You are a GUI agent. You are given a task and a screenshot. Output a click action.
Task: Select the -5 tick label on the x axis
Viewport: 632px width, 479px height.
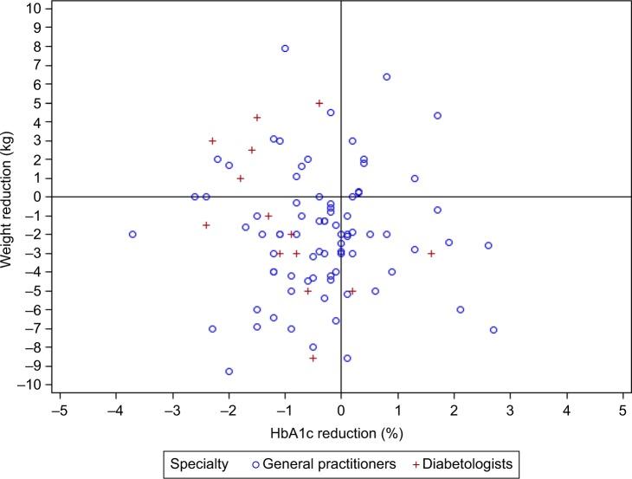coord(58,410)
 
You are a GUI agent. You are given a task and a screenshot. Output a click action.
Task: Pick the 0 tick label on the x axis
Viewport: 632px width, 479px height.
coord(341,410)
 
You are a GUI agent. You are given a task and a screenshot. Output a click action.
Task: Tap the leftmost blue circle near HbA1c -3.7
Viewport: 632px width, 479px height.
coord(132,234)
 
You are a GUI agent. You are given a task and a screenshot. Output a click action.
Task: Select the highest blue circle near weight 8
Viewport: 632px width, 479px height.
coord(285,49)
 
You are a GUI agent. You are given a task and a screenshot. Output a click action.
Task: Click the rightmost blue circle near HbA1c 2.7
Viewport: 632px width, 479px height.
coord(493,330)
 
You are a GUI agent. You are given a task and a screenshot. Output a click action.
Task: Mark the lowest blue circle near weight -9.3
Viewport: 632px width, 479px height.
coord(229,371)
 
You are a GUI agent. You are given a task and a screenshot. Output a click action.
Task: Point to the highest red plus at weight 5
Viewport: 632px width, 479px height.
coord(319,103)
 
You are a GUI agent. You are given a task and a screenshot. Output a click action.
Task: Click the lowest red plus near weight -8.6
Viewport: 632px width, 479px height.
coord(313,358)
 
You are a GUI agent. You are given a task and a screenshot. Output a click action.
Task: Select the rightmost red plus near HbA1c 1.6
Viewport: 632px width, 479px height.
coord(431,253)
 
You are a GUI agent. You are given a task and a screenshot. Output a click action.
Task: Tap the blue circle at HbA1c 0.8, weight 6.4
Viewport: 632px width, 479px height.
coord(386,77)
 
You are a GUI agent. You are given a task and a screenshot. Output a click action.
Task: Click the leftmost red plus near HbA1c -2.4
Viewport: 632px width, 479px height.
coord(206,225)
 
